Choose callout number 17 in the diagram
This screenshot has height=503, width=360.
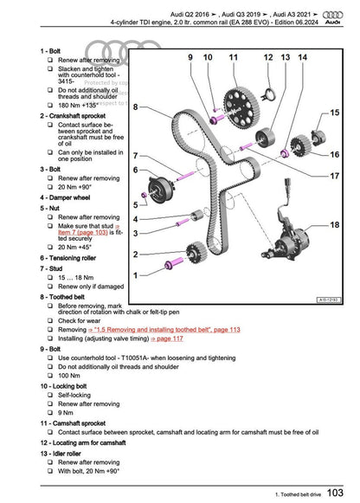334,177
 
